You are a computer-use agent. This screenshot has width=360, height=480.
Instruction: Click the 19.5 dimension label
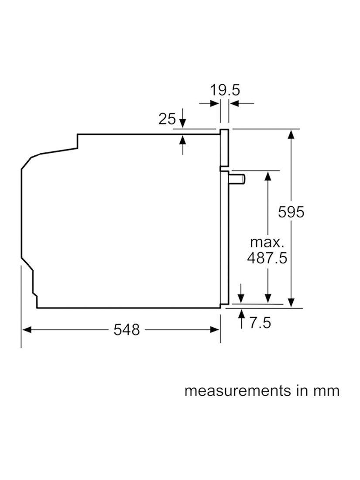coord(225,90)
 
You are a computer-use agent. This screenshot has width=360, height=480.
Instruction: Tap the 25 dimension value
coord(167,119)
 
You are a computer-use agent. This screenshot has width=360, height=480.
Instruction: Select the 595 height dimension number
coord(291,212)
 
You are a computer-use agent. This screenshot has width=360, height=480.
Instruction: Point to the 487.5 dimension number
coord(267,258)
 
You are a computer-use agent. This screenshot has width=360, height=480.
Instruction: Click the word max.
coord(267,243)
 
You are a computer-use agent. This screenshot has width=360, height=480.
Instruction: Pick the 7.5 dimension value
coord(260,322)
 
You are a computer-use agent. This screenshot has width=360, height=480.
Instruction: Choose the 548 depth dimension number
coord(127,330)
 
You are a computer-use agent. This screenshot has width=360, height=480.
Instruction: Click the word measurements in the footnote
coord(238,391)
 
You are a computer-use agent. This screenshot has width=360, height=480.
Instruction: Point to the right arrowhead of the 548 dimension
coord(215,330)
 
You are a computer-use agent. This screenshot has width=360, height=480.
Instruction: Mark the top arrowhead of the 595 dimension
coord(291,134)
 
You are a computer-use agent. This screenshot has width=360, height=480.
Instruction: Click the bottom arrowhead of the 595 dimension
coord(291,302)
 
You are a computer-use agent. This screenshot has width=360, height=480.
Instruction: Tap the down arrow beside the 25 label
coord(182,118)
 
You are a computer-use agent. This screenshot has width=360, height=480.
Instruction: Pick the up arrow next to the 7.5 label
coord(242,319)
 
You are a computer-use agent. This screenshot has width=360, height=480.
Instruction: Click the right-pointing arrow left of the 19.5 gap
coord(209,103)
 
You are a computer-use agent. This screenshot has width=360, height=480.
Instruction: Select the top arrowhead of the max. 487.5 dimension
coord(268,177)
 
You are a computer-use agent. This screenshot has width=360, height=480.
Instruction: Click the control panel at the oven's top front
coord(224,149)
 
